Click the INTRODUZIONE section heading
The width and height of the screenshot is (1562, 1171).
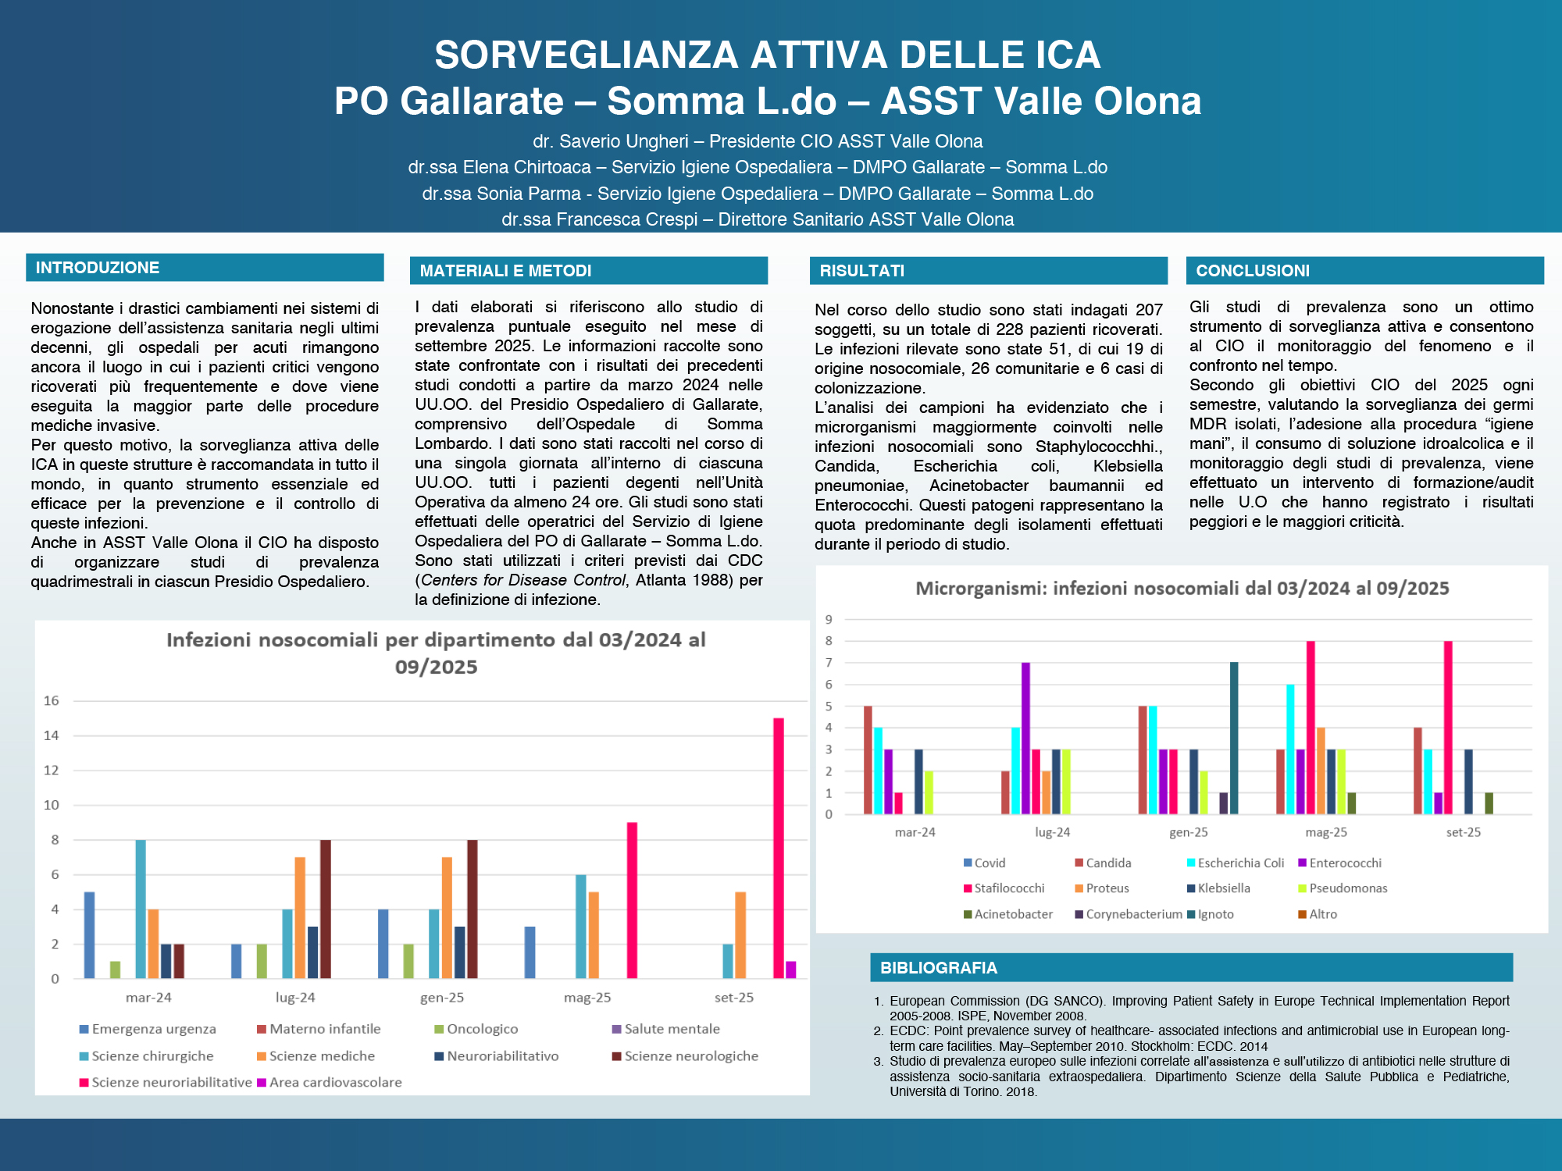tap(98, 268)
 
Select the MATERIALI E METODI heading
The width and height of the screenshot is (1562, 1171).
tap(505, 271)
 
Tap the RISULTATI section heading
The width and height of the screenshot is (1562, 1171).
tap(861, 271)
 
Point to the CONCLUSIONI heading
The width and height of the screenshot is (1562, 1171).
tap(1253, 271)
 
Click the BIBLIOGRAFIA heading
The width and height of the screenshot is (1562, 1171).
tap(938, 968)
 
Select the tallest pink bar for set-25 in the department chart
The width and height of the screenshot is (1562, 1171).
tap(779, 848)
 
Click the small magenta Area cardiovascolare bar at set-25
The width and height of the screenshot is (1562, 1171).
tap(791, 970)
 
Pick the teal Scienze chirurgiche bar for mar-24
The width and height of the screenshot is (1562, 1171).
tap(141, 909)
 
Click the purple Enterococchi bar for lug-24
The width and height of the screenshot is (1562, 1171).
tap(1025, 739)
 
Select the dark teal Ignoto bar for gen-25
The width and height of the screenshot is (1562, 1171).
tap(1234, 739)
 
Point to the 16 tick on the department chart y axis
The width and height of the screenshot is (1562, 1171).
tap(52, 701)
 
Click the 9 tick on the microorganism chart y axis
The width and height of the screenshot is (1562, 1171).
tap(829, 620)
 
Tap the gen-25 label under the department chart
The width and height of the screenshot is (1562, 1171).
tap(442, 998)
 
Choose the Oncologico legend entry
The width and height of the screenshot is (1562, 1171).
tap(481, 1029)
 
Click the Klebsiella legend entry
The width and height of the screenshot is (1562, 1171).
tap(1223, 888)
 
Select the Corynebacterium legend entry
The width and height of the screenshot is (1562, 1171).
tap(1133, 914)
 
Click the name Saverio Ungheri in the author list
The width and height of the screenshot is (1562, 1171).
tap(624, 141)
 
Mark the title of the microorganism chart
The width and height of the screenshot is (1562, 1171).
tap(1182, 589)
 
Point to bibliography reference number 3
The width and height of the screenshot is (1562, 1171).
tap(1199, 1076)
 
